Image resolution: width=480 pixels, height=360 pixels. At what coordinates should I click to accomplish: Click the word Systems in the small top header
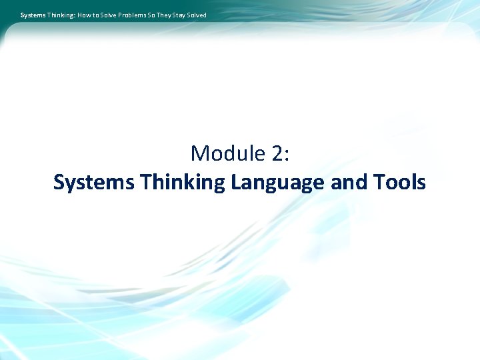[x=32, y=15]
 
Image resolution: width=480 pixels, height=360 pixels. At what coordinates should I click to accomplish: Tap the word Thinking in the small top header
[x=60, y=15]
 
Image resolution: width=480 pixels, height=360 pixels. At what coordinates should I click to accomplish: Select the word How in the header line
[x=85, y=15]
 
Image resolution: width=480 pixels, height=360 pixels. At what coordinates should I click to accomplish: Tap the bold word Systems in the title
[x=93, y=183]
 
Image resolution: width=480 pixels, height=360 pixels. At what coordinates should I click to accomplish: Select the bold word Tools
[x=399, y=183]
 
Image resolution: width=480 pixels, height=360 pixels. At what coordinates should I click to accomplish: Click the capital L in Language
[x=236, y=183]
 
